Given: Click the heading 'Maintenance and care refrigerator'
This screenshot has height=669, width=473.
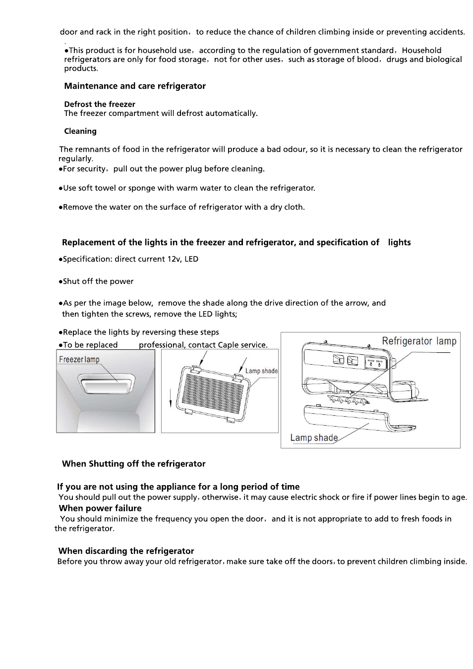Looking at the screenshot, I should tap(135, 86).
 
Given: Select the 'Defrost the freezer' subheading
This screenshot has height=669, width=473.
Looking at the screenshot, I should tap(100, 104).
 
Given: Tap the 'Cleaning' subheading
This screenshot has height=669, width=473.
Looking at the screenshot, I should tap(80, 131).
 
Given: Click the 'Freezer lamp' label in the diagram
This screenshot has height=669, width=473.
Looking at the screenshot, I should tap(79, 360).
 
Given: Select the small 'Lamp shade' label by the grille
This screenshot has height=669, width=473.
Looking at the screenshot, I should tap(261, 371).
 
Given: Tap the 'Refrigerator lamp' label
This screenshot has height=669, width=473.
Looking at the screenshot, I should tap(419, 341).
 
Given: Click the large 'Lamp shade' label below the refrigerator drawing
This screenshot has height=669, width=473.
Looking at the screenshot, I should tap(314, 438).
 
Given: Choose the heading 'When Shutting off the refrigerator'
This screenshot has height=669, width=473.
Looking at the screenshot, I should tap(133, 464).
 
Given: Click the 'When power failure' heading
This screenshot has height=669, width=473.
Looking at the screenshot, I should tap(100, 508).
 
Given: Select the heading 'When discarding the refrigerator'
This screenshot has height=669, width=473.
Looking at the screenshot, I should tap(126, 551).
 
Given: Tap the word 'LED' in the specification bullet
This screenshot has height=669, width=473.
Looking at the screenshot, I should tap(191, 259).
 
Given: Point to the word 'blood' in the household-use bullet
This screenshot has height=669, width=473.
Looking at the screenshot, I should tap(367, 59).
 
